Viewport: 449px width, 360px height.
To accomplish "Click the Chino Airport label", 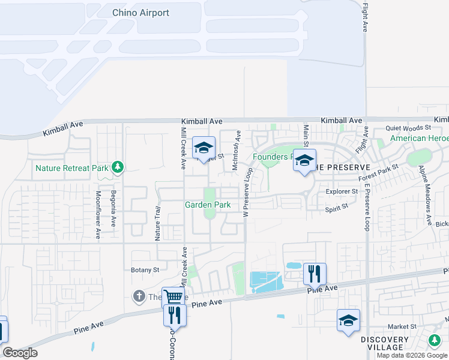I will click(140, 13).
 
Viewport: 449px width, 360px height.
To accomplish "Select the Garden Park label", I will click(208, 205).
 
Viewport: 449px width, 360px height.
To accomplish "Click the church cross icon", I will click(139, 296).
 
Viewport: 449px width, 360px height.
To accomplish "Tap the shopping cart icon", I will click(173, 296).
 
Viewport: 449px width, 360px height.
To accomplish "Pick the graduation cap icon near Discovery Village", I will click(348, 320).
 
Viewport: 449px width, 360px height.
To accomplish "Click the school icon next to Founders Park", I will click(304, 161).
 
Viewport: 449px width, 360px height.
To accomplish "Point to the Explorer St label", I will click(342, 192).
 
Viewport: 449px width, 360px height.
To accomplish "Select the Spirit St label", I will click(336, 208).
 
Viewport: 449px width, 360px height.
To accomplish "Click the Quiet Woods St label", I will click(408, 128).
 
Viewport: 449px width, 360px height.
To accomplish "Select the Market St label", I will click(402, 327).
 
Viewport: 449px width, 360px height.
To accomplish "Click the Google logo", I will click(20, 353).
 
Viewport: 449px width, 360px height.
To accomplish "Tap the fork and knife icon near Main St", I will click(315, 274).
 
